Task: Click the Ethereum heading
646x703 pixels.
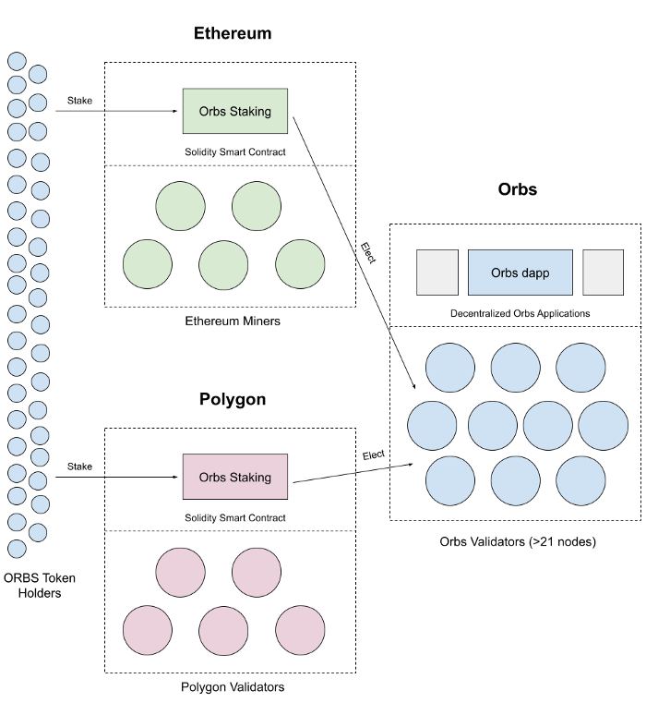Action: (233, 33)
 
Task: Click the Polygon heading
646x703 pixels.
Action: (233, 399)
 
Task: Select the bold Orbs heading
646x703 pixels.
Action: (518, 189)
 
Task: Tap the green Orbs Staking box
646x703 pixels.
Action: (235, 111)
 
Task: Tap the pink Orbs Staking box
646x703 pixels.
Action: (235, 477)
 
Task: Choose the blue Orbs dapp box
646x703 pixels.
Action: (520, 273)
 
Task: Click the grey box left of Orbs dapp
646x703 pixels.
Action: (437, 273)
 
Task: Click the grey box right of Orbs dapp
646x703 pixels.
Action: (603, 273)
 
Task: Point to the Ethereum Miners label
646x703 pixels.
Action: (233, 321)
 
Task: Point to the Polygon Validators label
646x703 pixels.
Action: (233, 687)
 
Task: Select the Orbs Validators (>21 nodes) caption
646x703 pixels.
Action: (518, 541)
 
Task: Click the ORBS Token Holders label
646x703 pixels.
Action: (40, 586)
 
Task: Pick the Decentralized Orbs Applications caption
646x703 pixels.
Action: (520, 313)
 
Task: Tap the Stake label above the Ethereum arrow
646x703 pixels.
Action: (79, 101)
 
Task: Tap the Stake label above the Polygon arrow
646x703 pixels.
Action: (79, 467)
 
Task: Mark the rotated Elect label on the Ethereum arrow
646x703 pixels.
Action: (368, 253)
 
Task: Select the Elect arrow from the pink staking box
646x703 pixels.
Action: (353, 474)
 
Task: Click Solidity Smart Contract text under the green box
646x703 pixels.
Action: (235, 152)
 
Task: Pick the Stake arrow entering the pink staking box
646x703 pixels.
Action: (116, 477)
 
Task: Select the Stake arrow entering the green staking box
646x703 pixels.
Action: (116, 111)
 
